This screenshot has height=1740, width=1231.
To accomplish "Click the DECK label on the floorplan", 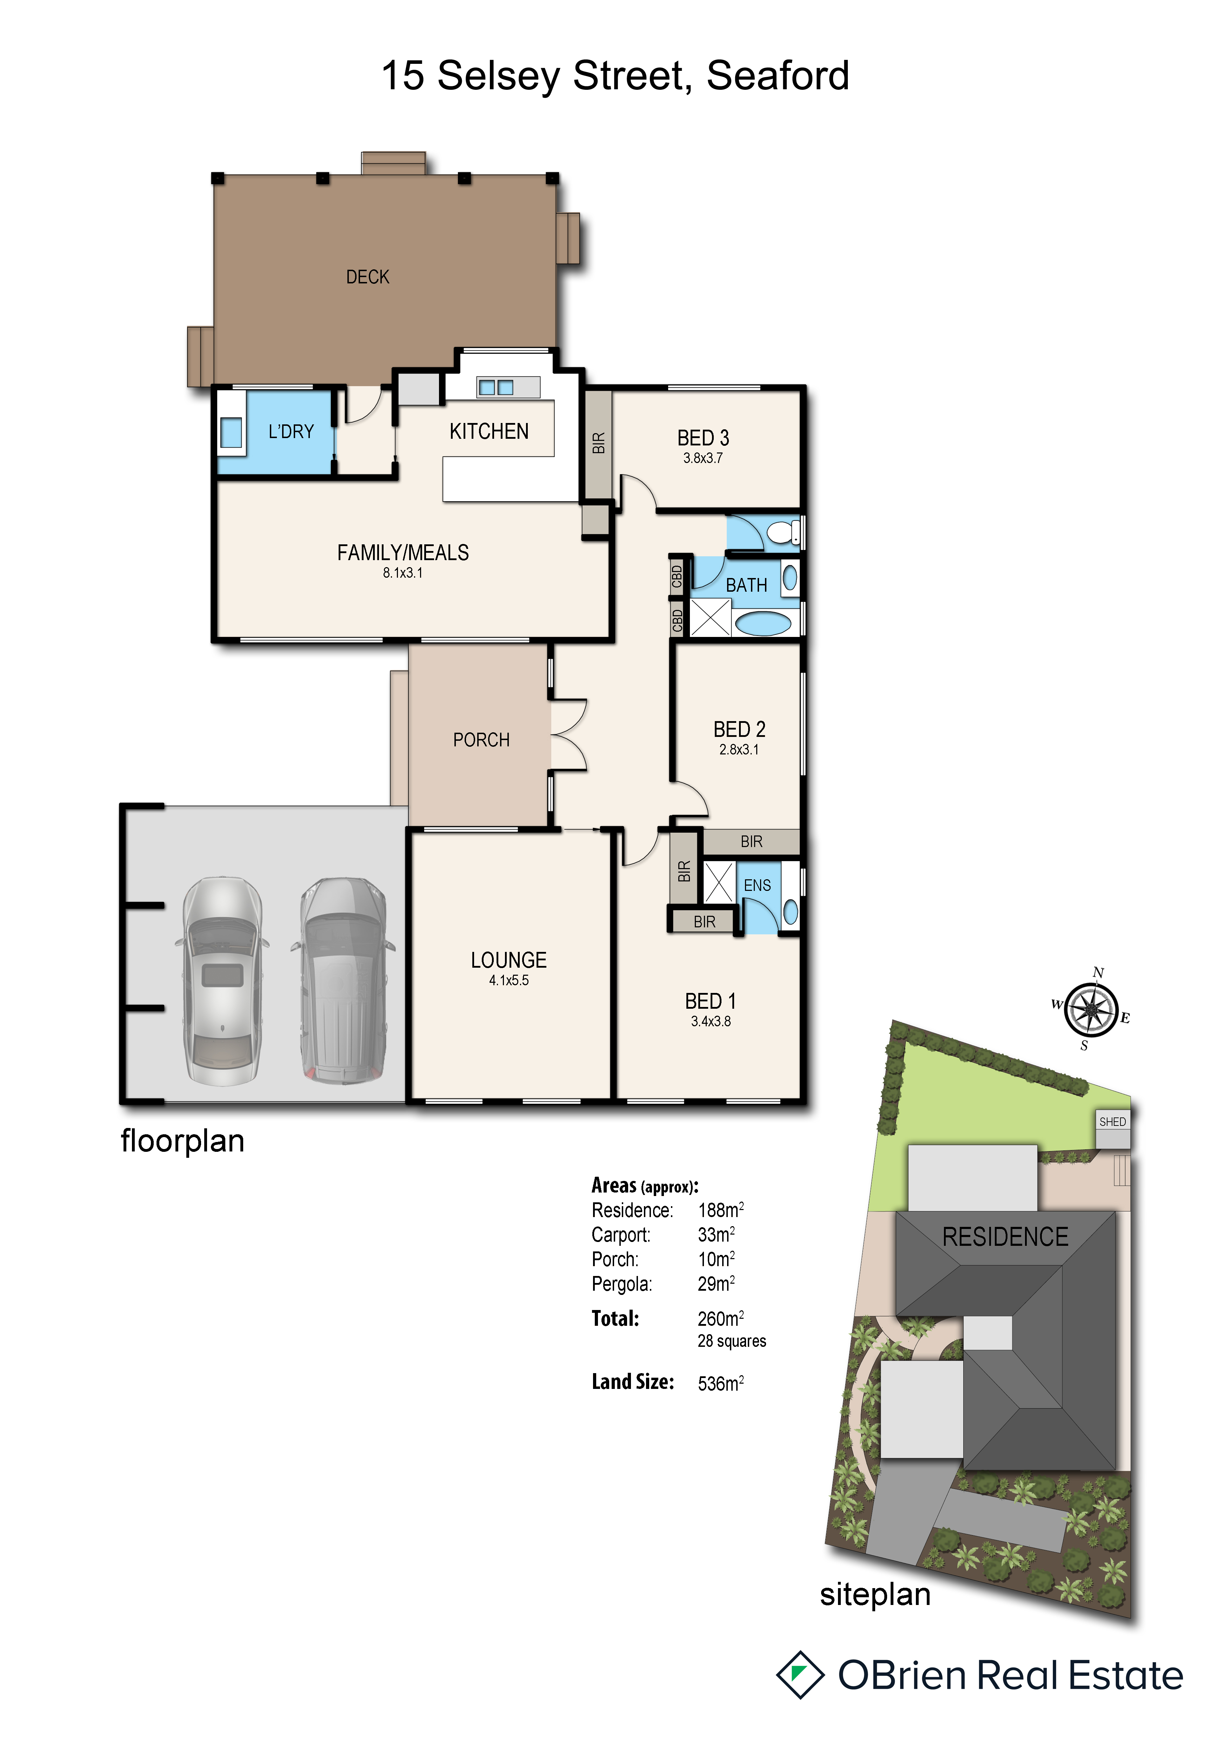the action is [x=368, y=277].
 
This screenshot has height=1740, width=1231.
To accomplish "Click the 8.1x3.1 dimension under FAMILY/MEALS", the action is [x=402, y=573].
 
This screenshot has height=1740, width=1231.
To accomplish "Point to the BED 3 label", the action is [x=703, y=438].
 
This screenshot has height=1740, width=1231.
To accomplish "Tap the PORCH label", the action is [x=481, y=740].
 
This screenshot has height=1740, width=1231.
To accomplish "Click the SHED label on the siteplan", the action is [x=1112, y=1122].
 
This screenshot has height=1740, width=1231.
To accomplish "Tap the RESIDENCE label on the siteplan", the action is [x=1005, y=1237].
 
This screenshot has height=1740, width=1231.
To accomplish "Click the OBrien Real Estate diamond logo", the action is [x=800, y=1675].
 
